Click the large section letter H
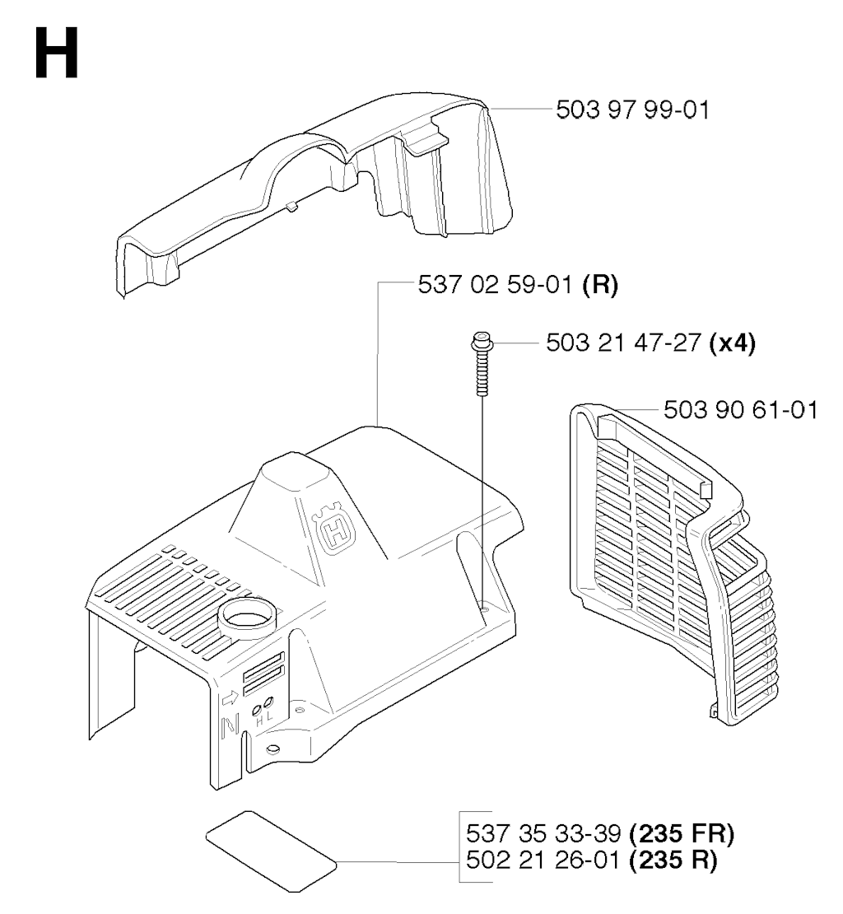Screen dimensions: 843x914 pos(57,53)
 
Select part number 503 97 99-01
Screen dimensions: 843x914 pos(633,110)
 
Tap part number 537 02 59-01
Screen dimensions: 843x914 pos(495,285)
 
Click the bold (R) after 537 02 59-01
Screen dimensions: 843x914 pos(600,285)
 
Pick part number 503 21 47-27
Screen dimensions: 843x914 pos(623,343)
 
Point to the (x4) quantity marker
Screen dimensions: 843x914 pos(733,343)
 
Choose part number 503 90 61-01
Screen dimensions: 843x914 pos(740,410)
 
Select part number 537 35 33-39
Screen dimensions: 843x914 pos(543,833)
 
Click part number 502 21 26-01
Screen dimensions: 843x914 pos(543,860)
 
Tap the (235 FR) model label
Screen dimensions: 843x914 pos(682,833)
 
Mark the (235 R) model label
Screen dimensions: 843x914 pos(673,860)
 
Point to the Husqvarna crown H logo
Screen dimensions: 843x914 pos(334,528)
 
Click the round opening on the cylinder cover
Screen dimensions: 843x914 pos(248,618)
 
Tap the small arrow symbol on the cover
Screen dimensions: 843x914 pos(231,697)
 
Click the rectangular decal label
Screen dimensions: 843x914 pos(272,851)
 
